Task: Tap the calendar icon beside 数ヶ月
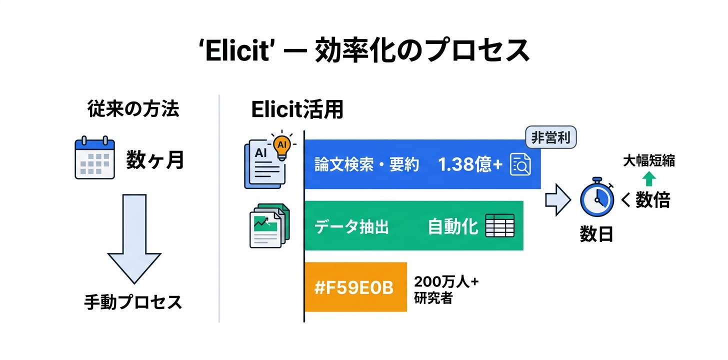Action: coord(94,158)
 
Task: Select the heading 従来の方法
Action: coord(132,109)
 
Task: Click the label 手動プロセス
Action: coord(133,302)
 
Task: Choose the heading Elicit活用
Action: coord(297,110)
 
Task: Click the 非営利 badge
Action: coord(550,137)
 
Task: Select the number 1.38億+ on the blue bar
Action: coord(470,164)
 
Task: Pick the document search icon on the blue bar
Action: coord(519,165)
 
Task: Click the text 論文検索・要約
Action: coord(366,164)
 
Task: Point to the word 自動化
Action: coord(453,227)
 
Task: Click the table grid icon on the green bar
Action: coord(500,227)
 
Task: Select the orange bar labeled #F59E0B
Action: coord(355,287)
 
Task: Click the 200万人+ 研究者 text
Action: coord(446,289)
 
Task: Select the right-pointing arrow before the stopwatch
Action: coord(557,199)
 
